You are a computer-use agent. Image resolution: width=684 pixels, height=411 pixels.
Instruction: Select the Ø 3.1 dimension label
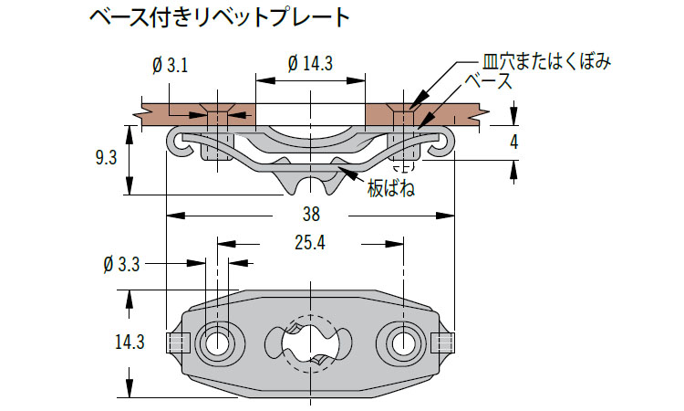(x=171, y=65)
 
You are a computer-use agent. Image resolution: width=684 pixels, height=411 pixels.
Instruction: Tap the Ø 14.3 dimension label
(x=310, y=64)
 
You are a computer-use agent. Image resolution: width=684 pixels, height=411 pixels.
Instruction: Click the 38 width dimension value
(x=310, y=216)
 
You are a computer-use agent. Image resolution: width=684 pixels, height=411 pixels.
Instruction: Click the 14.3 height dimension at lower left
(x=130, y=342)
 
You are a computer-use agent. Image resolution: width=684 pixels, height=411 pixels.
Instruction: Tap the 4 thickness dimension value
(x=514, y=142)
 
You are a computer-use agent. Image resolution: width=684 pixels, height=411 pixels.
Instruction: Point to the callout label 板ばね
(x=390, y=190)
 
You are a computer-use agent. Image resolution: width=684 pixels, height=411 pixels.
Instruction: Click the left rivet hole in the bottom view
(x=217, y=342)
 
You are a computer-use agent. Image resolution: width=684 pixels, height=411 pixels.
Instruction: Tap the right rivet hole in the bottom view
(x=402, y=342)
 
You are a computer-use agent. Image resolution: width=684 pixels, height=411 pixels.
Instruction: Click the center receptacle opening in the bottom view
(x=310, y=342)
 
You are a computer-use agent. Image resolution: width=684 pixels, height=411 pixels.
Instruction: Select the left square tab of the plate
(x=178, y=342)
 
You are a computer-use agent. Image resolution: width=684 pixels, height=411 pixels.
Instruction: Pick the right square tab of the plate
(x=442, y=342)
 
